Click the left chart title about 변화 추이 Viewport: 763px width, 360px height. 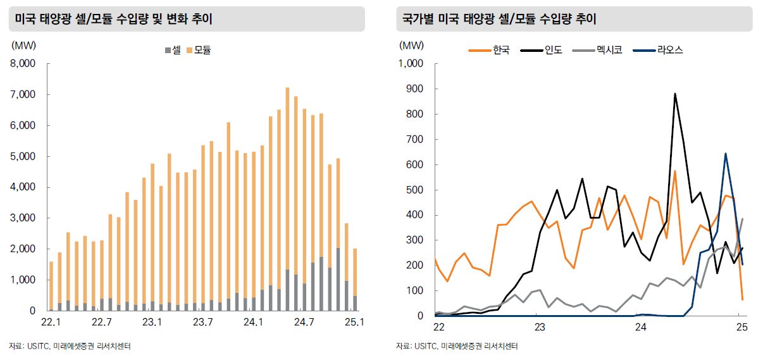pos(114,20)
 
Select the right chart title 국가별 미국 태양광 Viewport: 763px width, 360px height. pos(500,20)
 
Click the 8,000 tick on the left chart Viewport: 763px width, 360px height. pos(24,64)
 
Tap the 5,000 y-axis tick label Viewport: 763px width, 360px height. pos(24,157)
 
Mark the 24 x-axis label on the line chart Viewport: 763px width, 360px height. pos(640,327)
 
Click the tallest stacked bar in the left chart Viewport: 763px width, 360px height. pos(287,190)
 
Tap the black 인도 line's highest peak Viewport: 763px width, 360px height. pos(675,94)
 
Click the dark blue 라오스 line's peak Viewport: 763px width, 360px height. pos(726,153)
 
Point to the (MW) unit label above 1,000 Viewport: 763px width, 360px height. pos(412,45)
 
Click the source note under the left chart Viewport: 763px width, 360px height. pos(70,346)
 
